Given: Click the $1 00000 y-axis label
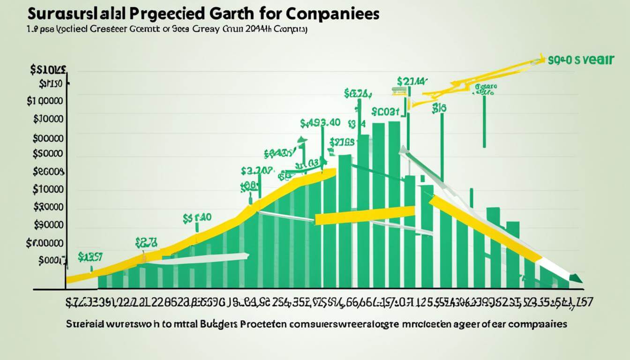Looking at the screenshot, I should coord(45,101).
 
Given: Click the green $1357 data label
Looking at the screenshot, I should coord(90,256).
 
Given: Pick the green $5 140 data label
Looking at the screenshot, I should coord(197,217).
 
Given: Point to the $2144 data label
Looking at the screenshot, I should coord(411,81).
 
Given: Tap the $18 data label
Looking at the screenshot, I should coord(439,107).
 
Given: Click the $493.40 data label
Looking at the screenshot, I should coord(320,124).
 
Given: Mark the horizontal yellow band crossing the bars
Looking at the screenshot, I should coord(365,215).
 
